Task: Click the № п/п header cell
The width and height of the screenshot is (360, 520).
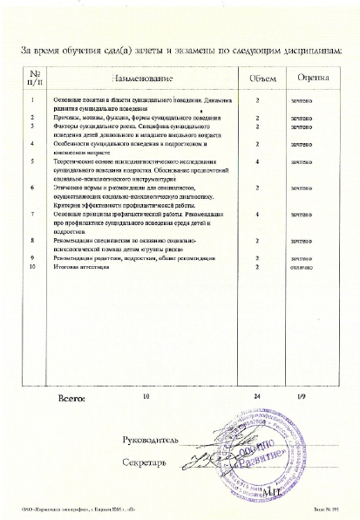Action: tap(33, 79)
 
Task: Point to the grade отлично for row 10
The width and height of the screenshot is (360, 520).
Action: tap(302, 268)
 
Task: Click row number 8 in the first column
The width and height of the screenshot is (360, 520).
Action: tap(32, 239)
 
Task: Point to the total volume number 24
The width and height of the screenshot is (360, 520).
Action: tap(258, 397)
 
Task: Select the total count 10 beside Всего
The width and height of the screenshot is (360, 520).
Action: tap(146, 397)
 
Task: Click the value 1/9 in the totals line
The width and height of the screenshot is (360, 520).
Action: tap(302, 397)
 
